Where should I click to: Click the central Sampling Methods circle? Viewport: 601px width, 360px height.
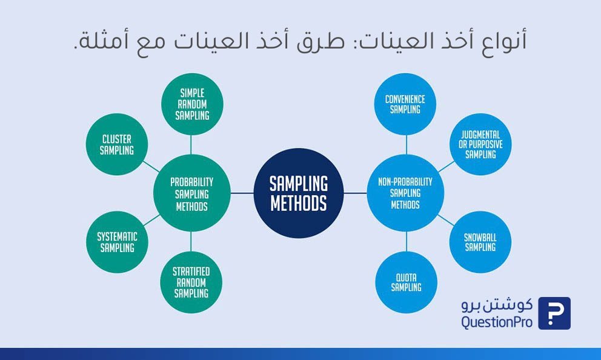[x=299, y=193]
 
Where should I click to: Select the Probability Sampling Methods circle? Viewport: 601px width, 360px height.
[x=191, y=193]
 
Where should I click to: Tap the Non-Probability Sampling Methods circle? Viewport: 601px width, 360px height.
[x=405, y=193]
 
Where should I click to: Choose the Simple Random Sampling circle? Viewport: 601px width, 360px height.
[x=192, y=104]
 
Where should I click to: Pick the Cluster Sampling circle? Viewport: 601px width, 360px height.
[x=117, y=144]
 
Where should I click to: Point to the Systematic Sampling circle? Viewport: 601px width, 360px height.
[x=117, y=242]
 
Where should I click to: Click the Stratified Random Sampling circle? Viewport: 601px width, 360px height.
[x=191, y=282]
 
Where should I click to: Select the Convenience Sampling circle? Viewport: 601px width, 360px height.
[x=405, y=104]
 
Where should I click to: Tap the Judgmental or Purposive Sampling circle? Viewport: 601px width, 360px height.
[x=480, y=144]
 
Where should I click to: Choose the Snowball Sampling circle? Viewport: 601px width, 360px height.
[x=480, y=242]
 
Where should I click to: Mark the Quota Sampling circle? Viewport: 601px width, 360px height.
[x=407, y=282]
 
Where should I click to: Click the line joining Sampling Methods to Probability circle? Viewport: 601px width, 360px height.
[x=242, y=193]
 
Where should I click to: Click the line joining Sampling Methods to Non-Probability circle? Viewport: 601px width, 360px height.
[x=355, y=193]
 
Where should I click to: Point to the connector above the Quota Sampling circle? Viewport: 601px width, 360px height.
[x=407, y=242]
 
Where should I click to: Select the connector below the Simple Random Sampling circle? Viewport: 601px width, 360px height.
[x=191, y=145]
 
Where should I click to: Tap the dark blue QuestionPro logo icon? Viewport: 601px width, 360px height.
[x=554, y=313]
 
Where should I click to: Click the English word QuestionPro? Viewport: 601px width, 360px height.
[x=497, y=322]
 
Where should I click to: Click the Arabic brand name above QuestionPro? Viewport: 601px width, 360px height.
[x=497, y=305]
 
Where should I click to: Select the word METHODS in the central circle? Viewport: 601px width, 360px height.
[x=299, y=203]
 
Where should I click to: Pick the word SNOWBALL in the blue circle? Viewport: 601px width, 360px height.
[x=480, y=238]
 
